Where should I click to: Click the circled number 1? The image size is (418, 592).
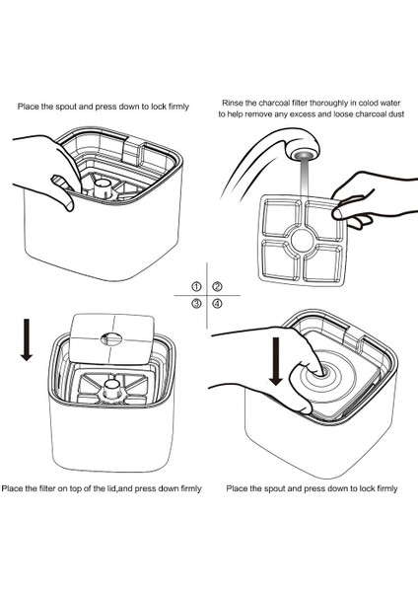[x=196, y=287]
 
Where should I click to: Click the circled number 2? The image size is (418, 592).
[x=217, y=287]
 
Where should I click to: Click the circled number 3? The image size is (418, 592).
[x=196, y=303]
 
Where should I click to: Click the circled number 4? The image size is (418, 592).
[x=217, y=303]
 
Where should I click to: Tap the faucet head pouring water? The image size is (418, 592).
[x=303, y=149]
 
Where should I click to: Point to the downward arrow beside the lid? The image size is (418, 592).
[x=26, y=339]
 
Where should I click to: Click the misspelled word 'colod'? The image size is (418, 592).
[x=368, y=103]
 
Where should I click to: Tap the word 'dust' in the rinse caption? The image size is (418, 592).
[x=396, y=114]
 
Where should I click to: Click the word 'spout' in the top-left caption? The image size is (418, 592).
[x=66, y=107]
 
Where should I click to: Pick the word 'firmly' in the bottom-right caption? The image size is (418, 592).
[x=385, y=489]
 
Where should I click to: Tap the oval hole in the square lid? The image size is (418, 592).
[x=111, y=337]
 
